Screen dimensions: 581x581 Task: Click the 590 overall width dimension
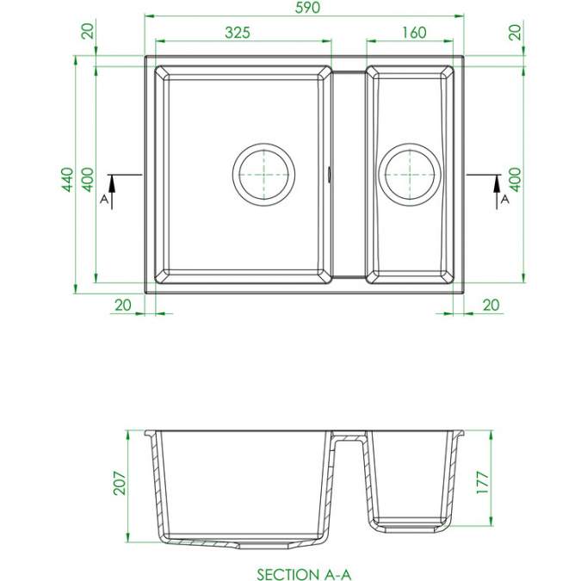[307, 8]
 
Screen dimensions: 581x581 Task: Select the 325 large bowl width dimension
[238, 33]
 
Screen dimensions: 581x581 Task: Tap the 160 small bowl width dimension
[414, 33]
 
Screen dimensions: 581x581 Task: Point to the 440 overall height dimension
[67, 180]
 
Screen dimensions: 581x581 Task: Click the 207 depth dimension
[120, 483]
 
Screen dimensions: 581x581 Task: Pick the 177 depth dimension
[483, 482]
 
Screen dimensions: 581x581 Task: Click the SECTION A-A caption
[304, 574]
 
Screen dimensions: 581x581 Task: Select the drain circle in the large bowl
[264, 175]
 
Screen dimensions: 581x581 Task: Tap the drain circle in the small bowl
[410, 175]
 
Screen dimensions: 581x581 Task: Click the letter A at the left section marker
[104, 200]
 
